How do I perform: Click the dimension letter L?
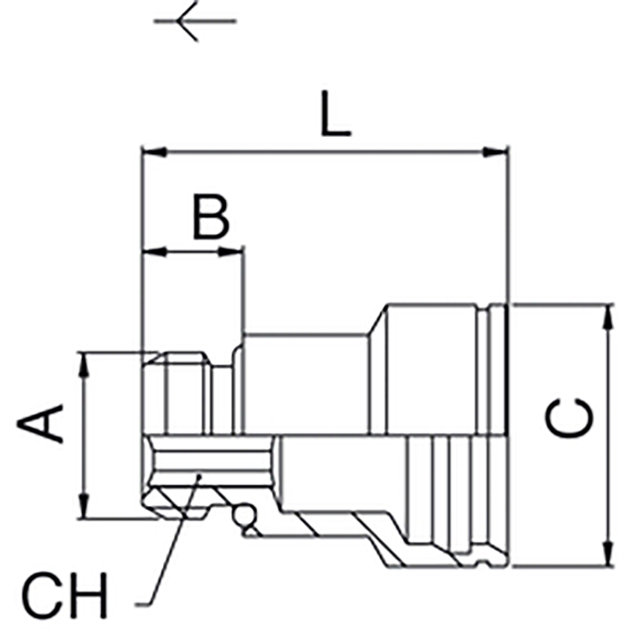pos(335,115)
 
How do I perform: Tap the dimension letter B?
pos(211,217)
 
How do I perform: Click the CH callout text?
pos(65,596)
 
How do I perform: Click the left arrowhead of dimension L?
pos(154,152)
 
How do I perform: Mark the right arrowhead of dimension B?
pos(230,252)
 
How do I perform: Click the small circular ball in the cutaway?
pos(241,515)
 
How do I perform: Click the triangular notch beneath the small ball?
pos(251,531)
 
